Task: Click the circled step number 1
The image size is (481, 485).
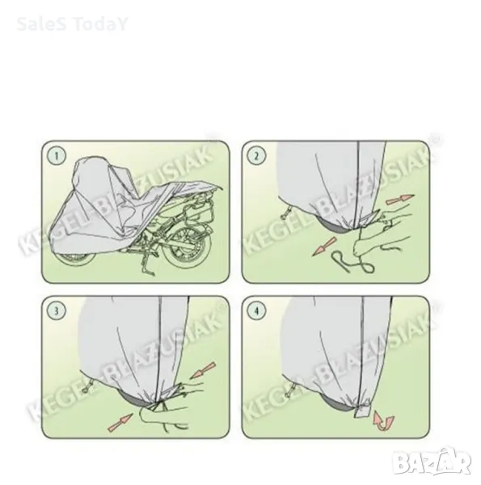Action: coord(57,155)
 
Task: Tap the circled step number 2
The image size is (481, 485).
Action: coord(256,155)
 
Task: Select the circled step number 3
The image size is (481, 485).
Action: coord(57,310)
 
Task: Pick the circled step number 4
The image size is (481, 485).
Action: coord(256,310)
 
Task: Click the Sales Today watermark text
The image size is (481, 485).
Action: coord(72,24)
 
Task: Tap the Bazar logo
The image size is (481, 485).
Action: coord(431,462)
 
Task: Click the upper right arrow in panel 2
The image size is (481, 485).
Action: coord(399,199)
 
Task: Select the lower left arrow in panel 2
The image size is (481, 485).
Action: coord(324,247)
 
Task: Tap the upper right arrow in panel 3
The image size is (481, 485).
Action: coord(203,370)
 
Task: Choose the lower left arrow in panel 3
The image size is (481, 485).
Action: coord(120,423)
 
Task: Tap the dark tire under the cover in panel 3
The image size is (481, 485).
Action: coord(136,399)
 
